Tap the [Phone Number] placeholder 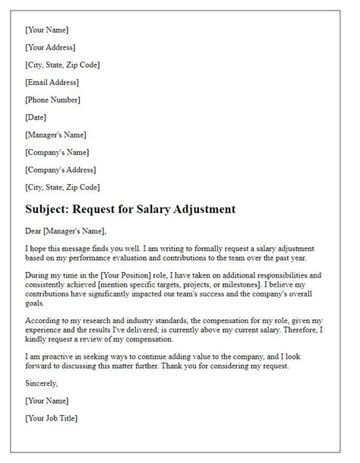coord(53,100)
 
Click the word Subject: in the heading coord(52,208)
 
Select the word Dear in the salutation coord(35,232)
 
